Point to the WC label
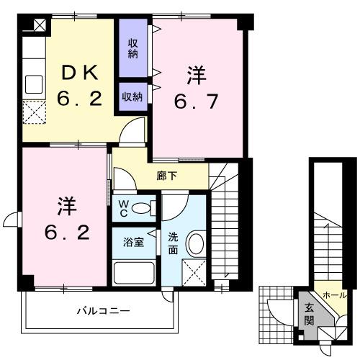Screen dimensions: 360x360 (x=123, y=210)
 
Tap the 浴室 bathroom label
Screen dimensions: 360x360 (x=133, y=243)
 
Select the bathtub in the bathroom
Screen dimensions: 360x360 (x=135, y=274)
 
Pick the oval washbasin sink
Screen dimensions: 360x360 (x=194, y=243)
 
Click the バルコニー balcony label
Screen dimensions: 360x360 (x=104, y=312)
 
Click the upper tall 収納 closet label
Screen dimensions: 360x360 (x=133, y=48)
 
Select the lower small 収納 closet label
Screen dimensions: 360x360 (x=132, y=96)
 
